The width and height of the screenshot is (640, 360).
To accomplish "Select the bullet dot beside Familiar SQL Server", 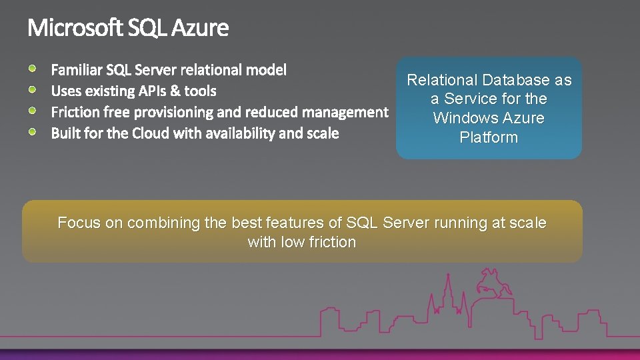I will pos(33,67).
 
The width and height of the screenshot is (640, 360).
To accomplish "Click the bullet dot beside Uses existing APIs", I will pos(33,89).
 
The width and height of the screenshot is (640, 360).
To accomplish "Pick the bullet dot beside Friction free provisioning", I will pos(33,110).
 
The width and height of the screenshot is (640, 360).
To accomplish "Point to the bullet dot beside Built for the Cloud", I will pos(33,131).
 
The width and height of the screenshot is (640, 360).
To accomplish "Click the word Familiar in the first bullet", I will pos(76,69).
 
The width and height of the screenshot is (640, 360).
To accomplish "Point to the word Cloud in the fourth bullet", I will pos(151,133).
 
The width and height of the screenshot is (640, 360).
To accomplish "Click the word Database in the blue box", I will pos(517,80).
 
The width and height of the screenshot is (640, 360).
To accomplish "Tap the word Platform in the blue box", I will pos(489,138).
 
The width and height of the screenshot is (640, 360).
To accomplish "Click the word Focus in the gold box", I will pos(79,223).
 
